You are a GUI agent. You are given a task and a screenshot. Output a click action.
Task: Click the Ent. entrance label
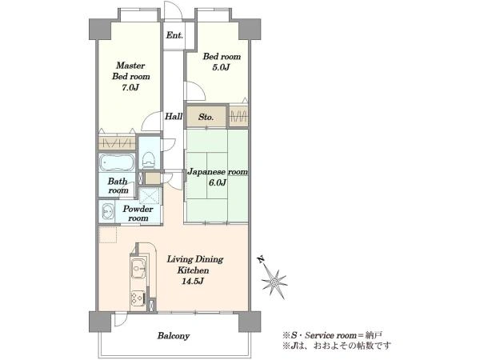(174, 35)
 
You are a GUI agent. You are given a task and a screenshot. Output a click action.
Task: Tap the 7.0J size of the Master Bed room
(130, 87)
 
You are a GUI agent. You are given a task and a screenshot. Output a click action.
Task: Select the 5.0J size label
(221, 67)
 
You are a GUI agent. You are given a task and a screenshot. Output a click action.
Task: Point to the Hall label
(174, 116)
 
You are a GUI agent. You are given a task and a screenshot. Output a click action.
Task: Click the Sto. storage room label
(206, 117)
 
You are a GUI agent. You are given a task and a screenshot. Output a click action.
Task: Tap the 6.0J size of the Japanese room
(218, 182)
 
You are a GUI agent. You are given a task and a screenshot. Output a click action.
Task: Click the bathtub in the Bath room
(117, 162)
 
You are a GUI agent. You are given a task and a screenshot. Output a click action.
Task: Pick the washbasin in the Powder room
(107, 211)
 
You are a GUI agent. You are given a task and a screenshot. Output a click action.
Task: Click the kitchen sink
(138, 269)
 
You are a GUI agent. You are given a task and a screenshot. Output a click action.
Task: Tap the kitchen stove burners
(138, 298)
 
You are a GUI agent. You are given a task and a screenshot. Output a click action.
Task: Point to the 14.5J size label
(193, 281)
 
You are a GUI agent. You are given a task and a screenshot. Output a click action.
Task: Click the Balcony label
(174, 336)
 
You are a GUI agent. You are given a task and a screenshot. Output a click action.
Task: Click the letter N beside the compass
(261, 260)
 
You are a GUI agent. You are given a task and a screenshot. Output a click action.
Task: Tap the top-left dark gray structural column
(100, 29)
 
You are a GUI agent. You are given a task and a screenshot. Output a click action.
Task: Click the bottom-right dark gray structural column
(250, 322)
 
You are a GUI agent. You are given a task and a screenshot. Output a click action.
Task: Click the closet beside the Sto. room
(238, 116)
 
